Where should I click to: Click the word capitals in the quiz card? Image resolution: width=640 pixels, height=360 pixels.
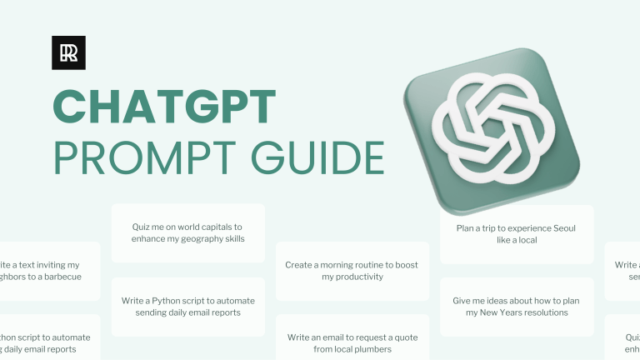click(218, 227)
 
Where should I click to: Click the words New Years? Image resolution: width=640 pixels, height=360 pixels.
click(499, 312)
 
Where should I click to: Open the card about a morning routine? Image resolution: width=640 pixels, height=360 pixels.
click(352, 271)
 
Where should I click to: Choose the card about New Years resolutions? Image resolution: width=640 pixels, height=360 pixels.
click(517, 306)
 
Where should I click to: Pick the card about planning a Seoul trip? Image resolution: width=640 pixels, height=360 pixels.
click(517, 233)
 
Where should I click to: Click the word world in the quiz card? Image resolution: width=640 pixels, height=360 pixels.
click(182, 227)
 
